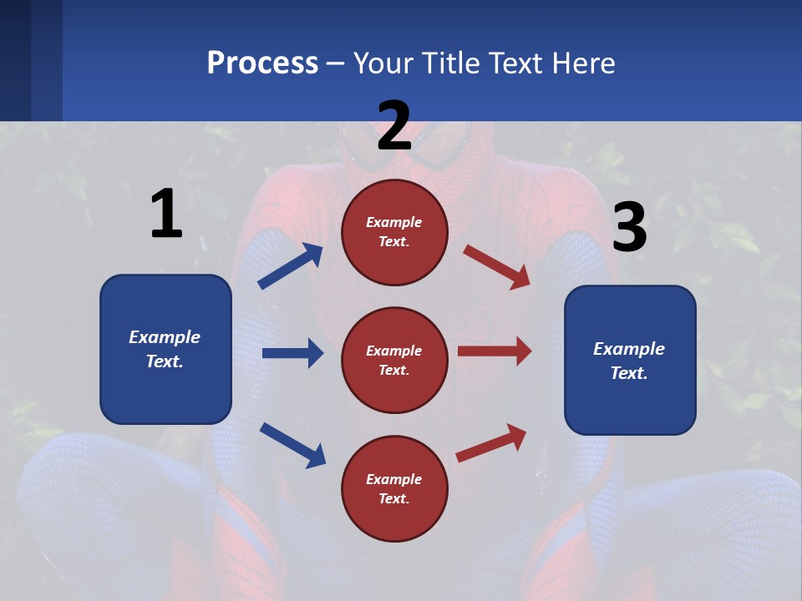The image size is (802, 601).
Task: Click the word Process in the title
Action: click(262, 63)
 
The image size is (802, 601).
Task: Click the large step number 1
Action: click(166, 215)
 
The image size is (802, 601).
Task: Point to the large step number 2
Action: click(394, 126)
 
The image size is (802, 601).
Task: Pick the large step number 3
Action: click(629, 228)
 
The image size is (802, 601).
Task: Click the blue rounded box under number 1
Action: click(165, 349)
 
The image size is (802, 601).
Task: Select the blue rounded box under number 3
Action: click(630, 360)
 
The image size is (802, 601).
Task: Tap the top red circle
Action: click(394, 232)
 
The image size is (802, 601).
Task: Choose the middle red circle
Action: click(394, 360)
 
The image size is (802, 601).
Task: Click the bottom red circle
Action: click(394, 488)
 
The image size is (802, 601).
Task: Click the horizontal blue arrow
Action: click(292, 353)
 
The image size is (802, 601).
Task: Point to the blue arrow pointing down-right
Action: click(292, 444)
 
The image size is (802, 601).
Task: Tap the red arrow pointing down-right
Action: click(496, 267)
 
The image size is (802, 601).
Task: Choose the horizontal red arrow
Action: click(495, 351)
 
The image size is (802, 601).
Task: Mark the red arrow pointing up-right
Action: click(491, 442)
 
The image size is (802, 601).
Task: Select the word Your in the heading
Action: click(382, 63)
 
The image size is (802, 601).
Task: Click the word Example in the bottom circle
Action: click(394, 479)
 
